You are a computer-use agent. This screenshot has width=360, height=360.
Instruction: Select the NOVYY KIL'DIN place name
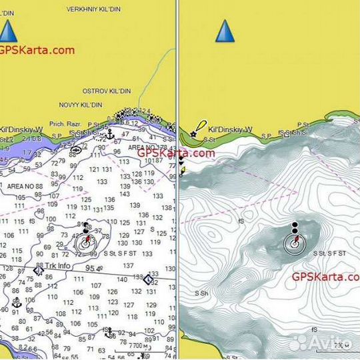coord(80,105)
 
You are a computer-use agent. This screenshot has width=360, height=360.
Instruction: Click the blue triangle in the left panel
coord(7,31)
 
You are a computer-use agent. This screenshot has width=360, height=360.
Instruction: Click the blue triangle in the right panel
coord(225,31)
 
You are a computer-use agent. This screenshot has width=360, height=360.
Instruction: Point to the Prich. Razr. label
coord(65,124)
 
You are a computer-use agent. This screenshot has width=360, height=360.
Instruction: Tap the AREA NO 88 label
coord(25,186)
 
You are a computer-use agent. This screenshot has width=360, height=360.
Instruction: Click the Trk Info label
coord(58,266)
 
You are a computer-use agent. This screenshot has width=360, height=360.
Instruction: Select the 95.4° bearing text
coord(93,269)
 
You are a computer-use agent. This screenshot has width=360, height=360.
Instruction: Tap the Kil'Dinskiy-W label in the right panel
coord(230,130)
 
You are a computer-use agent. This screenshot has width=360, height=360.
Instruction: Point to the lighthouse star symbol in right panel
coord(193,134)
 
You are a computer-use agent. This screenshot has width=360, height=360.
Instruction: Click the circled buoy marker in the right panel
coord(294,243)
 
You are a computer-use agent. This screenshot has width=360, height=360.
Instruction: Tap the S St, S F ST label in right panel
coord(331,253)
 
